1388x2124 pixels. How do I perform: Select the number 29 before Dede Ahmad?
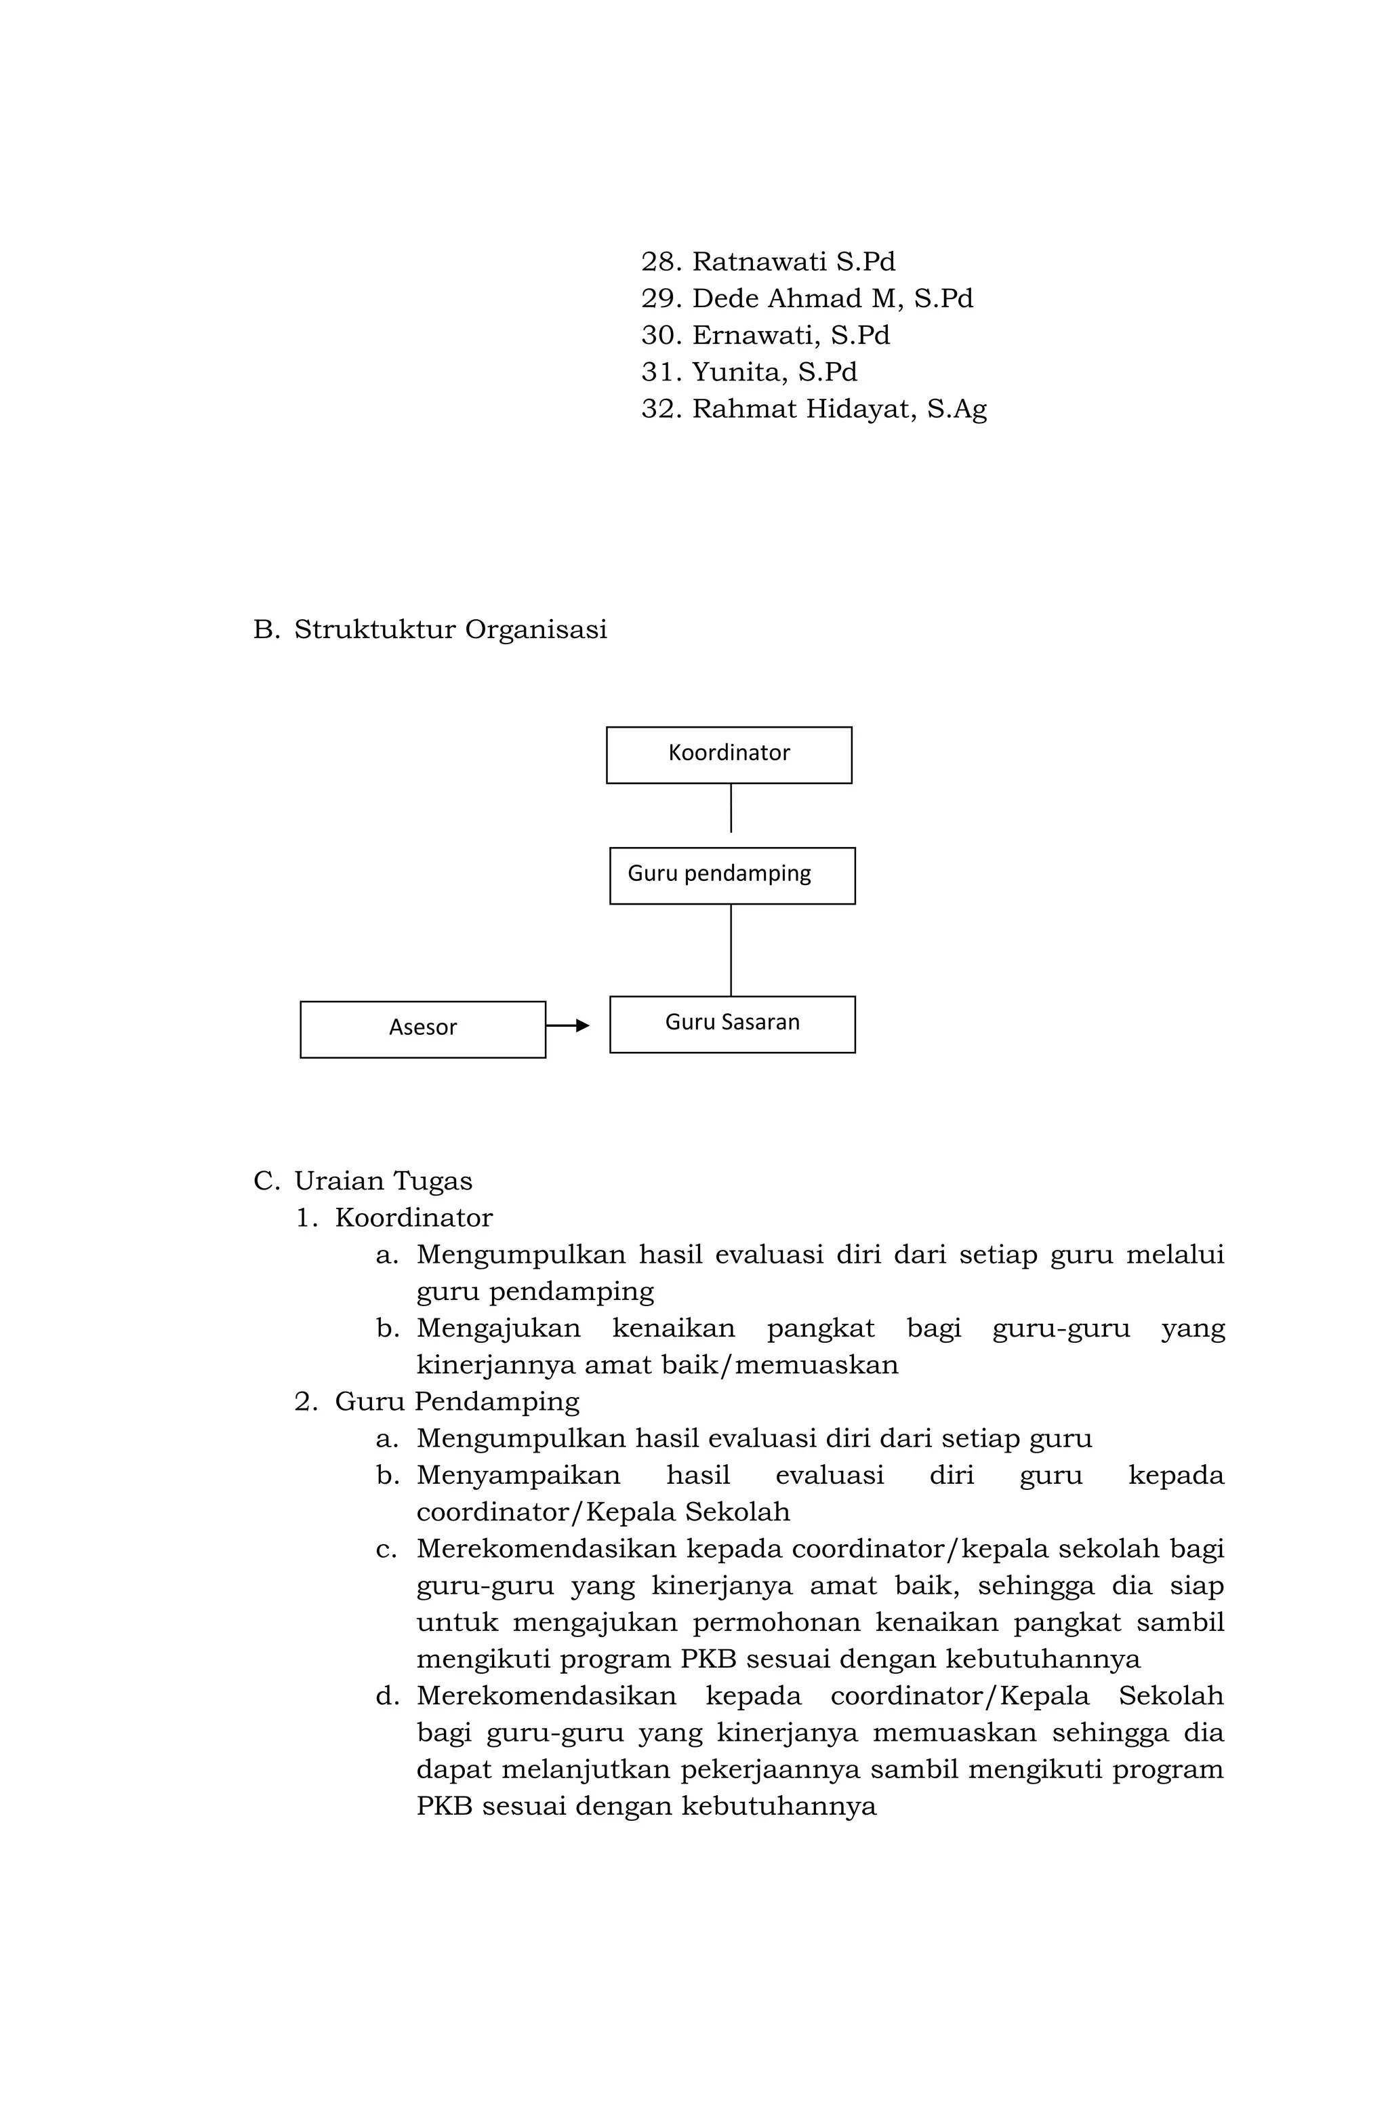(x=660, y=298)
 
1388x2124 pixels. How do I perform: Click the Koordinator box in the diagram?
(x=729, y=754)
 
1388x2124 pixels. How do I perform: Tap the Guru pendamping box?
(x=731, y=875)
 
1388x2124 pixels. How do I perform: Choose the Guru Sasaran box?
(x=731, y=1023)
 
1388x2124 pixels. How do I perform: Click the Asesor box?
(x=422, y=1028)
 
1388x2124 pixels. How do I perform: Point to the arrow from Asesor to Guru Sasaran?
(x=567, y=1025)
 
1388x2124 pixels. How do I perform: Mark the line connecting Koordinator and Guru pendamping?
(x=731, y=808)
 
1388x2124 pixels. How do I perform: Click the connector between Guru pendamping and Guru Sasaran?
(x=731, y=949)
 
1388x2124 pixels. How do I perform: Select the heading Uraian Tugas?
(x=383, y=1181)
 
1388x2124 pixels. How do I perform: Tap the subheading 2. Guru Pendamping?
(x=437, y=1401)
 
